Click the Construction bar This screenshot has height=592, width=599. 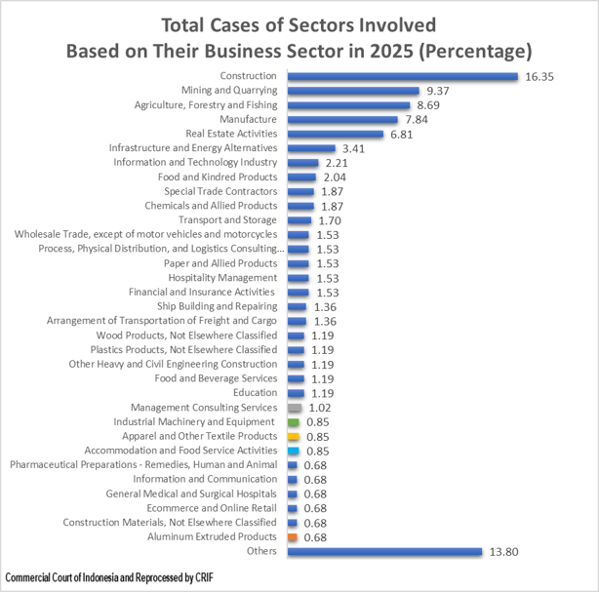[x=403, y=76]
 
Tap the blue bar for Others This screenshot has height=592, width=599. [x=385, y=552]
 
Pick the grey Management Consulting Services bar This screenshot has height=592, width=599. [x=295, y=407]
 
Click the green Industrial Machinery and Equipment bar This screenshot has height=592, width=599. [x=294, y=421]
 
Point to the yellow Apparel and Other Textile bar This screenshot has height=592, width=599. [x=294, y=436]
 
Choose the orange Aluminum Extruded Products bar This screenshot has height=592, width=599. [x=293, y=537]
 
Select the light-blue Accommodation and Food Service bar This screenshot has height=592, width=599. [x=294, y=451]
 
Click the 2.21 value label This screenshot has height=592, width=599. [x=336, y=163]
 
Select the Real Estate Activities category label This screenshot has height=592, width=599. [x=231, y=134]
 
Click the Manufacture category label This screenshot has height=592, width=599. [x=249, y=119]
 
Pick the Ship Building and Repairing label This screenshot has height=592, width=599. [x=217, y=306]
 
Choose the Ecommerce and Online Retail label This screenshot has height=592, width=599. [x=212, y=508]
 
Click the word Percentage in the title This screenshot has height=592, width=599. [x=473, y=49]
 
